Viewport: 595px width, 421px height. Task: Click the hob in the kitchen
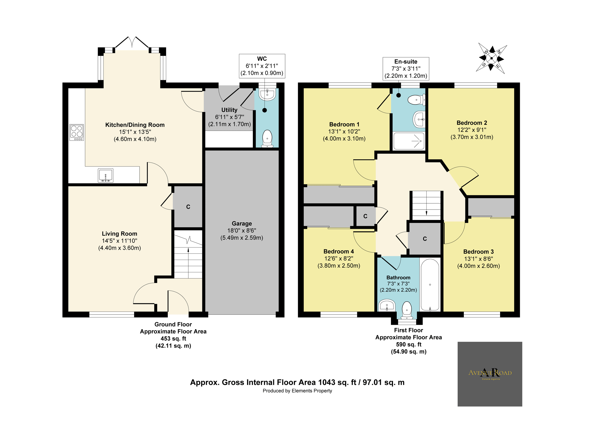77,132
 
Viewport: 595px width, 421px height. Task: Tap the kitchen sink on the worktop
105,175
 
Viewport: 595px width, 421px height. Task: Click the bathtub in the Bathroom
430,285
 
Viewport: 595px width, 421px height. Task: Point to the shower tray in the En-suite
409,141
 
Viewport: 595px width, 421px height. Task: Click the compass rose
491,58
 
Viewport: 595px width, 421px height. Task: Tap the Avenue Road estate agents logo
490,374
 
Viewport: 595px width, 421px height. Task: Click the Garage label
242,223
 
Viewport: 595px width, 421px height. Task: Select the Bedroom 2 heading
472,123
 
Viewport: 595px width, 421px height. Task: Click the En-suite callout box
406,69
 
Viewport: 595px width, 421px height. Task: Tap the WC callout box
262,66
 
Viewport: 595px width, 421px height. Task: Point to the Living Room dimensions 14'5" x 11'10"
119,241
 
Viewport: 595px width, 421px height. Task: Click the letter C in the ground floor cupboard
188,207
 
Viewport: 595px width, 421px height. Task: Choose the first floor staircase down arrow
427,212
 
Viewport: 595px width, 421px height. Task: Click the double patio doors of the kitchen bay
132,42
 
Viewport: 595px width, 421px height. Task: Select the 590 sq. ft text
408,344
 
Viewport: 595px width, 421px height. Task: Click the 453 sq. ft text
173,338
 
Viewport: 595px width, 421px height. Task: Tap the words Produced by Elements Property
297,391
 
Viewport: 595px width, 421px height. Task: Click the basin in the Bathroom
387,305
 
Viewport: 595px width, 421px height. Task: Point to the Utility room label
229,110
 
